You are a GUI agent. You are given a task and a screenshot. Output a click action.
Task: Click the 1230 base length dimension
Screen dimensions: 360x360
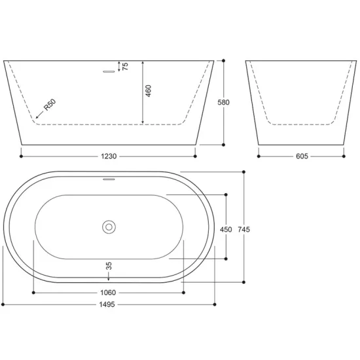(109, 156)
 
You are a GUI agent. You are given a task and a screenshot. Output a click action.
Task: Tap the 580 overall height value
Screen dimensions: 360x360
(223, 102)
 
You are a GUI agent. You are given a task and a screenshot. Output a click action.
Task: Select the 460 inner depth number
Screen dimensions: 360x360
(149, 91)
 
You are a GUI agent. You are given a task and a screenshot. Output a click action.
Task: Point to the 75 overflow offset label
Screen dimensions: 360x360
(126, 66)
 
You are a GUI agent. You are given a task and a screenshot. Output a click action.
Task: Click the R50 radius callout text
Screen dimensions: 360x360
(50, 105)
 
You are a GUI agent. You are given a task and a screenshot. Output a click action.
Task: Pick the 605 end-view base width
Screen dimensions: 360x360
(302, 156)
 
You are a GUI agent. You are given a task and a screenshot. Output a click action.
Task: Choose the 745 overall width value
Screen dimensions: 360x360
(244, 229)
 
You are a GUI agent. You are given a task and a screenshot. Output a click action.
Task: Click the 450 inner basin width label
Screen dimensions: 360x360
(226, 229)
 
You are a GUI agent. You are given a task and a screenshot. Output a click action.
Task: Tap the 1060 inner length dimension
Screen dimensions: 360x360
(108, 293)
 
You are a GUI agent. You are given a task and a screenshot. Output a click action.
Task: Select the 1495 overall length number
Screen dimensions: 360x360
(107, 304)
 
